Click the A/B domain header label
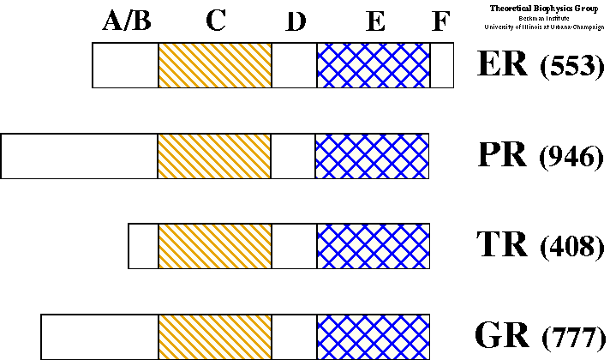tap(127, 21)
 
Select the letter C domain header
tap(215, 21)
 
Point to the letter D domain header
tap(296, 23)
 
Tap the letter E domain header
tap(374, 23)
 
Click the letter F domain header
tap(440, 22)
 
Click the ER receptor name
tap(501, 64)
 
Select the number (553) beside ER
tap(572, 68)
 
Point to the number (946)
tap(572, 158)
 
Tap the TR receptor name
tap(502, 244)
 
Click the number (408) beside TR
tap(572, 248)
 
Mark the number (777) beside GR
tap(572, 338)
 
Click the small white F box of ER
tap(441, 66)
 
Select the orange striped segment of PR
tap(214, 156)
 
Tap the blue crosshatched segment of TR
tap(373, 246)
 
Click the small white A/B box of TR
tap(143, 246)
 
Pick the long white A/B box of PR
tap(79, 156)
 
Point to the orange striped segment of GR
tap(215, 336)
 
